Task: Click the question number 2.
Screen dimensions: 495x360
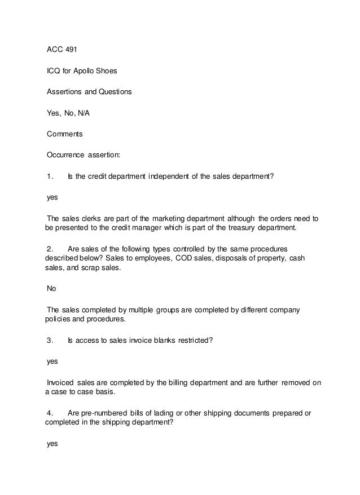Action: click(50, 248)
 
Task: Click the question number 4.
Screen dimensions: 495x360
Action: click(50, 413)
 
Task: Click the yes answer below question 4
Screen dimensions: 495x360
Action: click(52, 443)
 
